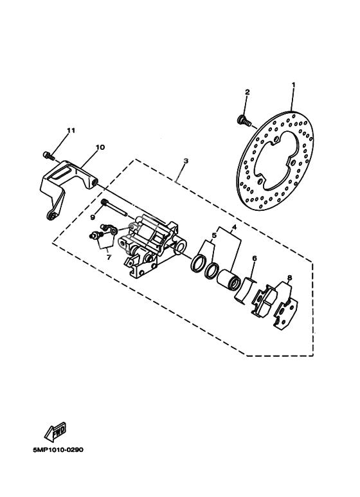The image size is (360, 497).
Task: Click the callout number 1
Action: pos(293,85)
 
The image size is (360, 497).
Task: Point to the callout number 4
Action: pos(234,227)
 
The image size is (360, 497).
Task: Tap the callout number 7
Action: pos(109,257)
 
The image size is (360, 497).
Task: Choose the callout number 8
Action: pos(289,278)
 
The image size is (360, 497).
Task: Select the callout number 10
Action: pos(100,147)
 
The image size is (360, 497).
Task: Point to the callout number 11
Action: pos(71,131)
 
